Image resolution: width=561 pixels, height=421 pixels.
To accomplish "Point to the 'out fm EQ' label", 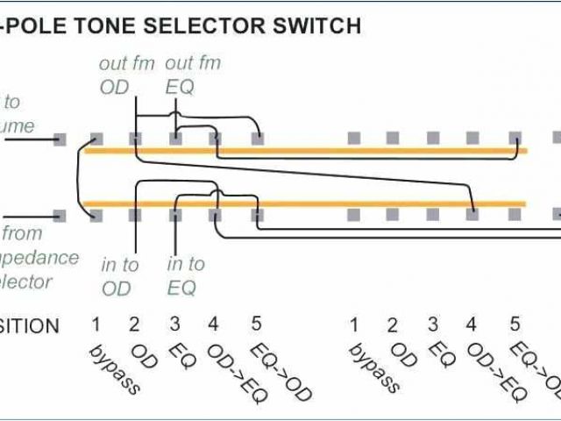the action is point(193,75).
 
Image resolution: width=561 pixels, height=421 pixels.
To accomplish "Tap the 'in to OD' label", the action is point(119,275).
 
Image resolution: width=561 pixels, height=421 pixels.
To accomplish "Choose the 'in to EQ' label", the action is point(185,275).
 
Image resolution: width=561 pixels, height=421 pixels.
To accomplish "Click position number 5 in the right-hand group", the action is point(515,325).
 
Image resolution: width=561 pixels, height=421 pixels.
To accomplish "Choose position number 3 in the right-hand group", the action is point(433,325).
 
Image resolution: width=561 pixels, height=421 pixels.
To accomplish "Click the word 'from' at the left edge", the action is point(24,234).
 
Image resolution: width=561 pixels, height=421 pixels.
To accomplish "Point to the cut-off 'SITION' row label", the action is point(30,326).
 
